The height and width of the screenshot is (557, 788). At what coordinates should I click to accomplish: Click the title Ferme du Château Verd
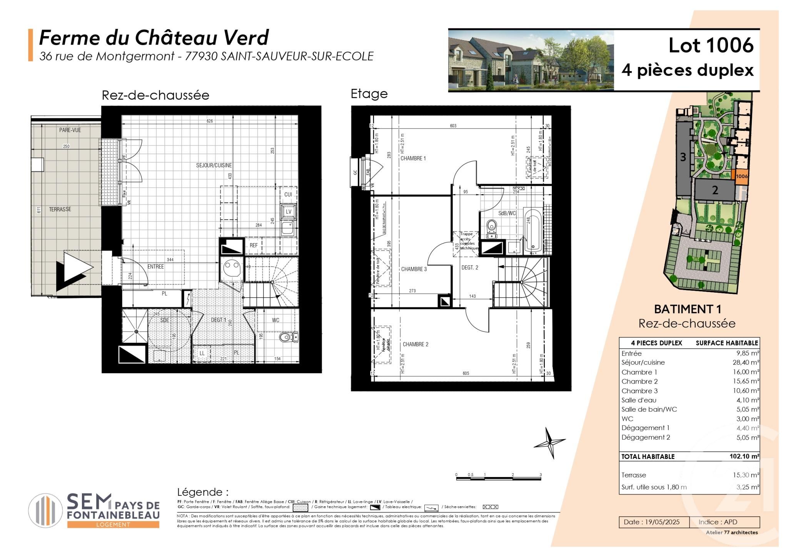point(154,38)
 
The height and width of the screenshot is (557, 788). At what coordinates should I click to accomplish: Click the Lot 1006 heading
point(711,45)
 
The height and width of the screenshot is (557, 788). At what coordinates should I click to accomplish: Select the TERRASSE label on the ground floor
point(60,209)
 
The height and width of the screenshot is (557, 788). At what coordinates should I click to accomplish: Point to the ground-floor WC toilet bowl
point(285,338)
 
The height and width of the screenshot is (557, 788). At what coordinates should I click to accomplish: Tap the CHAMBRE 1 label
point(413,158)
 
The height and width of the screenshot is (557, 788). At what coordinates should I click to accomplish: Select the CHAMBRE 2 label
point(415,344)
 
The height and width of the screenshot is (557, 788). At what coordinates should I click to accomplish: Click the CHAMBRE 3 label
point(414,269)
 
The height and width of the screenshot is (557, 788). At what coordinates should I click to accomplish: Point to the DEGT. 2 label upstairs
point(470,268)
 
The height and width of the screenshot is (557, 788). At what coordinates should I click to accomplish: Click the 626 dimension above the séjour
point(210,121)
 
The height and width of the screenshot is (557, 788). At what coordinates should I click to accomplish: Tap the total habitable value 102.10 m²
point(744,457)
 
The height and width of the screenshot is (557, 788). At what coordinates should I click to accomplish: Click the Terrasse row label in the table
point(634,475)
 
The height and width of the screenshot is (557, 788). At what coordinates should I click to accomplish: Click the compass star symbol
point(549,442)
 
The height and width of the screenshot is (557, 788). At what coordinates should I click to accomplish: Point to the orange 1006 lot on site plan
point(741,177)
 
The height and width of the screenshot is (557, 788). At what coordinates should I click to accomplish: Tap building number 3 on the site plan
point(683,157)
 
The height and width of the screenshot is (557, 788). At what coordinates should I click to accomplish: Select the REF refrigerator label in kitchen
point(254,245)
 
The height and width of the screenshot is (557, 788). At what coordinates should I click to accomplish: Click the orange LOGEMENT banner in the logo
point(113,525)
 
